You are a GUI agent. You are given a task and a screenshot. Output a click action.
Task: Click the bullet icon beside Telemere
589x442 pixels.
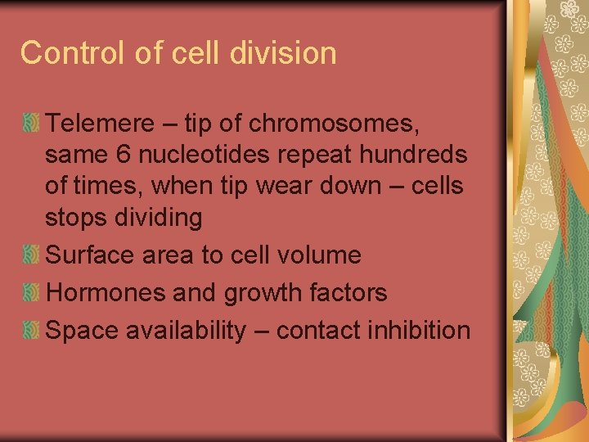pos(31,124)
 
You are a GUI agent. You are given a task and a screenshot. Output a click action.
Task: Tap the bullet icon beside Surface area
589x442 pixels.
pos(31,255)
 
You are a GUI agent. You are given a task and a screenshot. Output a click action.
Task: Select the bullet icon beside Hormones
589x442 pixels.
pos(31,293)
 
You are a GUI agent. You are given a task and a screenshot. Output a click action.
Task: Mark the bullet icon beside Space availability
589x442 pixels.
pos(31,331)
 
